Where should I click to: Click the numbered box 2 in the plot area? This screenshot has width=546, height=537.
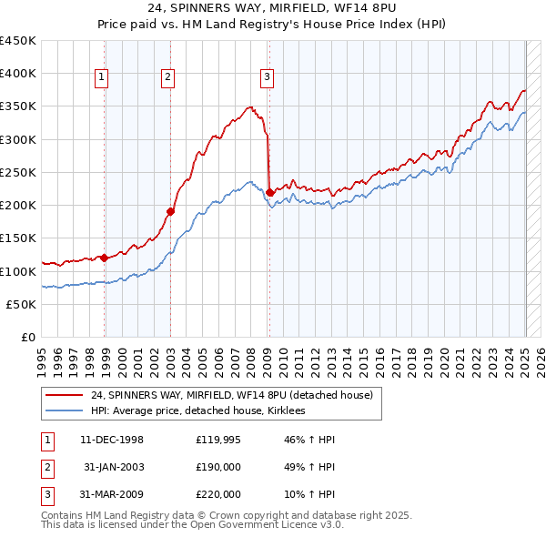[x=168, y=77]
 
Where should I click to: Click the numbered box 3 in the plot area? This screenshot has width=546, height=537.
[x=267, y=77]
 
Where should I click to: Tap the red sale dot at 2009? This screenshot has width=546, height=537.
[x=270, y=192]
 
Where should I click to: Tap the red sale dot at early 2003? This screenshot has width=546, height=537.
[x=170, y=211]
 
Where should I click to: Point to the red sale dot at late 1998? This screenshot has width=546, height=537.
[x=104, y=258]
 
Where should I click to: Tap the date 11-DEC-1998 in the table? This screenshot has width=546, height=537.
[x=112, y=440]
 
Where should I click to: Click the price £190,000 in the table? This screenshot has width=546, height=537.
[x=218, y=467]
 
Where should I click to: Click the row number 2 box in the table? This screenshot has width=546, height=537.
[x=46, y=467]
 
